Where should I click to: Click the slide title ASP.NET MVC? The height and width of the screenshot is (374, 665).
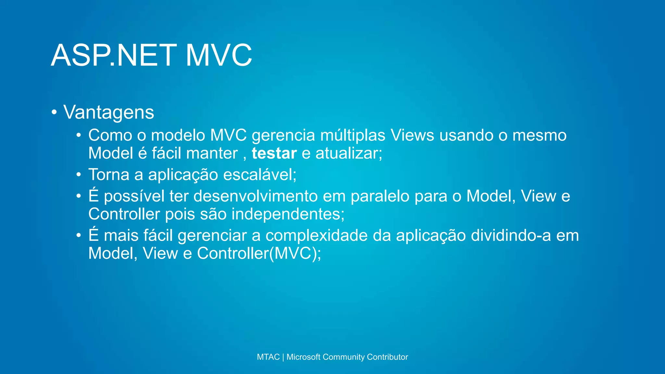[x=151, y=55]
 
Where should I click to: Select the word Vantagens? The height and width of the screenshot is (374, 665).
[x=108, y=112]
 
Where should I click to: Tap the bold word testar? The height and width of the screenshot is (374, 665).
[x=274, y=153]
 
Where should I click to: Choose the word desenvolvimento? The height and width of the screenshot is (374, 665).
[x=256, y=196]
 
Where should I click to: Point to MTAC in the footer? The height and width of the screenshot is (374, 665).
[x=268, y=357]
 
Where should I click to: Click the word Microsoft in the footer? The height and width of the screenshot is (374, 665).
[x=303, y=357]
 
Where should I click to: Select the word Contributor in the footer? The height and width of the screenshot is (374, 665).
[x=387, y=357]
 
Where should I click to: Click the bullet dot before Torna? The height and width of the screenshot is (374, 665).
[x=79, y=175]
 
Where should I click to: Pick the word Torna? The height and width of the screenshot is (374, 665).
[x=109, y=175]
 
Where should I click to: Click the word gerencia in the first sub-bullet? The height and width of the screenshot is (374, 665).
[x=283, y=136]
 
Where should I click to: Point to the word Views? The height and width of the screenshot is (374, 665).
[x=412, y=135]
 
